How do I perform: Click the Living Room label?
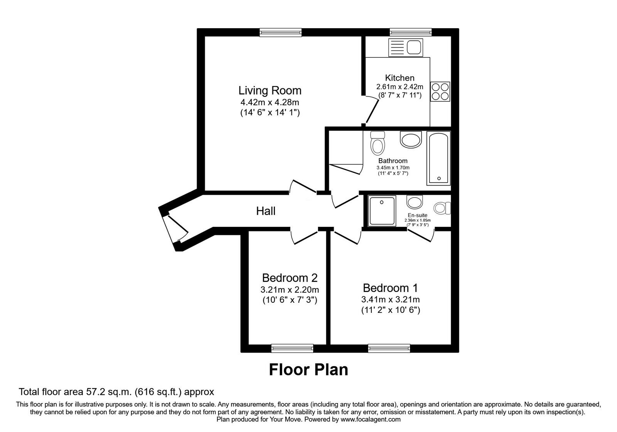tap(270, 91)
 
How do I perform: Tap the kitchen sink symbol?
tap(406, 47)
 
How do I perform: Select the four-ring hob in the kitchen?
tap(440, 92)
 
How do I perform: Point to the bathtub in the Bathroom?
tap(438, 158)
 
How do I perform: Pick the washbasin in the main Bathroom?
tap(411, 139)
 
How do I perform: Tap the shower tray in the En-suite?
tap(382, 211)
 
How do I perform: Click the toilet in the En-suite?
tap(442, 208)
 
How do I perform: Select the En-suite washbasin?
tap(415, 201)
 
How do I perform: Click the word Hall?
tap(266, 211)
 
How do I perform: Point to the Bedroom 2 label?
tap(290, 278)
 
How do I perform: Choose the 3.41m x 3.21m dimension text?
tap(390, 299)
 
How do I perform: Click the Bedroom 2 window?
tap(292, 348)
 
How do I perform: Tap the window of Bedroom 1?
tap(389, 348)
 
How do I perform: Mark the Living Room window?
tap(280, 32)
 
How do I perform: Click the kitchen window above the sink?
tap(410, 32)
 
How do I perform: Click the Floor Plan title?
tap(308, 370)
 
